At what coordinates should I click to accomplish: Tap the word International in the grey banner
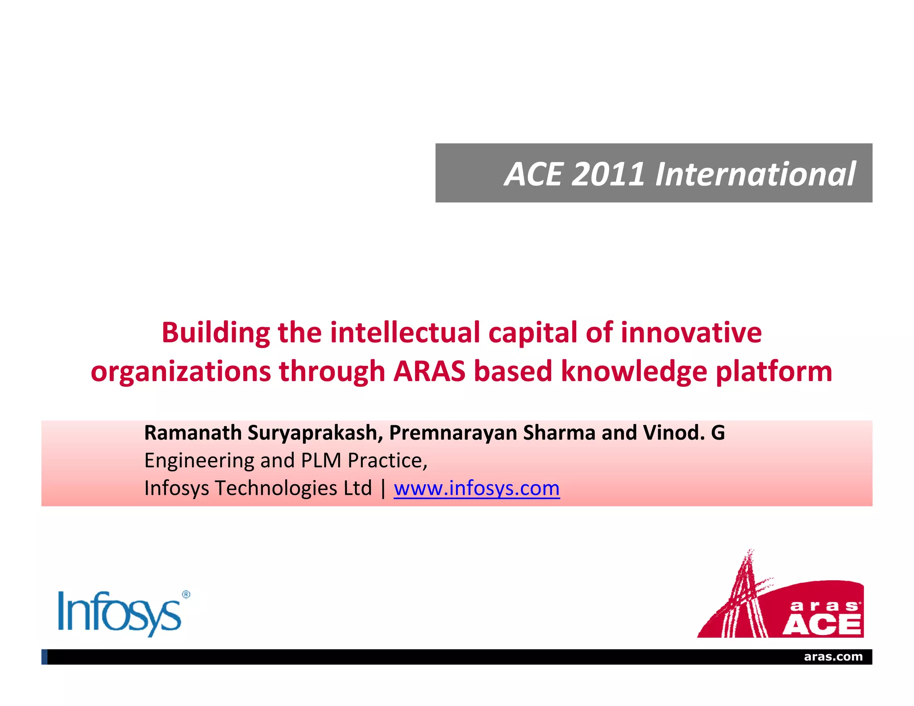click(755, 174)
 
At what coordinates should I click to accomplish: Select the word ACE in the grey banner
click(534, 174)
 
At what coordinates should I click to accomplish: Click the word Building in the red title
click(216, 332)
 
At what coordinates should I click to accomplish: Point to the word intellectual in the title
click(405, 332)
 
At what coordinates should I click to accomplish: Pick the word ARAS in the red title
click(429, 371)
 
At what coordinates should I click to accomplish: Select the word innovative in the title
click(691, 332)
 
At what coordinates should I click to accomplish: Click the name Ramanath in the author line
click(193, 432)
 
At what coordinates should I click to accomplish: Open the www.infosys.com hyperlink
click(477, 488)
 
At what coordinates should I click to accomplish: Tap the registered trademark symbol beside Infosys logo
click(186, 594)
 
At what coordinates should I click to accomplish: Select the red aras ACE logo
click(781, 598)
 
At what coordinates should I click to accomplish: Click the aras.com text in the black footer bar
click(833, 656)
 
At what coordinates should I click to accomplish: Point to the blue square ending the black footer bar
click(44, 657)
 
